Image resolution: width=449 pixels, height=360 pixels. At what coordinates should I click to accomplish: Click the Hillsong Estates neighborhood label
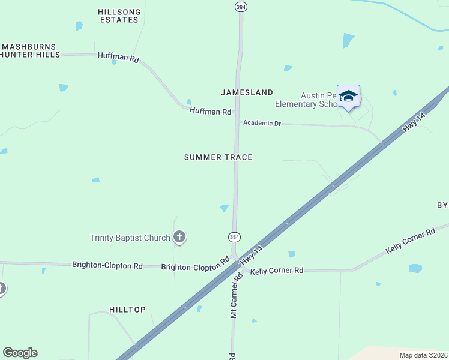[x=119, y=15]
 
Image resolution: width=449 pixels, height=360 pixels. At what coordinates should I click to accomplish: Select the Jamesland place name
[x=247, y=92]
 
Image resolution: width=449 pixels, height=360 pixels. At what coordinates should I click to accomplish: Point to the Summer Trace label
[x=218, y=157]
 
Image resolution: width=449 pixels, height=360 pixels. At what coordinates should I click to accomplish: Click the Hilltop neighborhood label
[x=127, y=310]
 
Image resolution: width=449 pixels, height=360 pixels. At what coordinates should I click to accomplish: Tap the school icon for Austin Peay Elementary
[x=348, y=96]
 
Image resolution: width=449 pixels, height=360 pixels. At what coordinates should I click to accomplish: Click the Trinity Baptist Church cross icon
[x=179, y=237]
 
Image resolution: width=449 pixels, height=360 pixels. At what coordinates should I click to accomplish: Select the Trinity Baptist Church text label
[x=130, y=238]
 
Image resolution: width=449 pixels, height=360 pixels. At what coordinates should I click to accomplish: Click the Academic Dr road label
[x=261, y=123]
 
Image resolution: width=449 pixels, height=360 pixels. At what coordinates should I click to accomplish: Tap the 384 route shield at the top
[x=240, y=6]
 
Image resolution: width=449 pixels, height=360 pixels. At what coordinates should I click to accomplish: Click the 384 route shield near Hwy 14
[x=234, y=237]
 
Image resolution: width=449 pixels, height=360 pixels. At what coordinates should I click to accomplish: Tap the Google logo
[x=20, y=353]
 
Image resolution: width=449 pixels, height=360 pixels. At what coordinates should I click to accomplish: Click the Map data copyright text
[x=423, y=355]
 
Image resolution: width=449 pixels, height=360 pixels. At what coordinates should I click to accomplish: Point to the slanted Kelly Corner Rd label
[x=411, y=241]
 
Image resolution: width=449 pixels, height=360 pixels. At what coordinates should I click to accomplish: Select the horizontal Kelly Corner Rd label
[x=277, y=271]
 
